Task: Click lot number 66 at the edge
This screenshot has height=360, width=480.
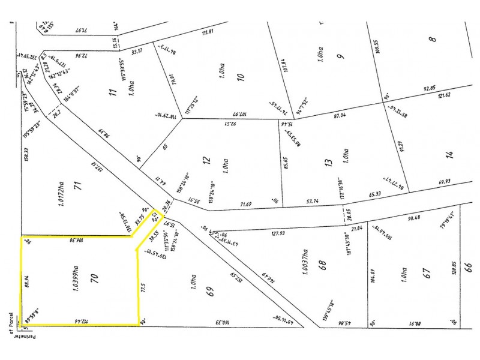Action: (x=469, y=266)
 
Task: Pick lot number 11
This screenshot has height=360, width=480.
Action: (x=111, y=92)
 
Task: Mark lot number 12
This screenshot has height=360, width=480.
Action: (x=208, y=161)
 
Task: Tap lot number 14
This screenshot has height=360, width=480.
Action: (x=451, y=155)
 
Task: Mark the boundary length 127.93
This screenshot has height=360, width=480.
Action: (x=277, y=233)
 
